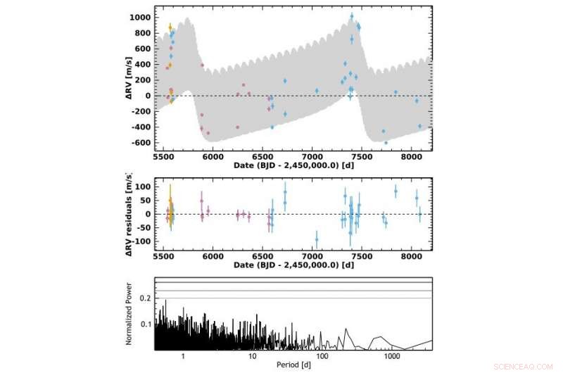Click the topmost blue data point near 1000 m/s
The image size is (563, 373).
[x=352, y=16]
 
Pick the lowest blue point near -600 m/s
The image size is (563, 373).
[x=386, y=142]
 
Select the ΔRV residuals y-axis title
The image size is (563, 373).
[x=129, y=213]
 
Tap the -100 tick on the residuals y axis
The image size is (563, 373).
[x=141, y=241]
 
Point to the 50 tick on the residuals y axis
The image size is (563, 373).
[x=144, y=201]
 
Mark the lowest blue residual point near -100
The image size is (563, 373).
[x=317, y=240]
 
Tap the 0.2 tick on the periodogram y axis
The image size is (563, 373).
[x=146, y=298]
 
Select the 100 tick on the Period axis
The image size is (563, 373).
[x=322, y=355]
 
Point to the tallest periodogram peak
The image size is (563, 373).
[x=165, y=301]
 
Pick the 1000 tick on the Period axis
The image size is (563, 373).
[x=392, y=355]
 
